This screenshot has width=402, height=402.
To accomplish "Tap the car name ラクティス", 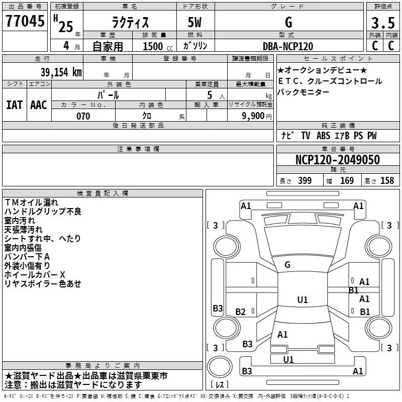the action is (x=129, y=23).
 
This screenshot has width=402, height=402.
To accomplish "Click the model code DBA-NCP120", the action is (x=288, y=46).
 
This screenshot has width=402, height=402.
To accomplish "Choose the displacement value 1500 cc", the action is (x=154, y=46).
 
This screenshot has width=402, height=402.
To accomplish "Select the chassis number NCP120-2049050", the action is (x=337, y=160).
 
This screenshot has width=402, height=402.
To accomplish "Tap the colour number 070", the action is (x=83, y=116).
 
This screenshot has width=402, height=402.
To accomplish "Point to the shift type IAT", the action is (x=14, y=105).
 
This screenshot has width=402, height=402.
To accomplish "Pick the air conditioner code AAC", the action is (x=39, y=105).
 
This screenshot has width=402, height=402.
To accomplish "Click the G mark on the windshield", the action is (x=287, y=265).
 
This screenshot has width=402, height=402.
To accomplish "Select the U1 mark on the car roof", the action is (x=302, y=300).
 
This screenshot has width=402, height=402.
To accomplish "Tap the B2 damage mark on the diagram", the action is (x=241, y=312).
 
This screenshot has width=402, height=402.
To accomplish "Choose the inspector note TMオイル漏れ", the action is (x=31, y=203).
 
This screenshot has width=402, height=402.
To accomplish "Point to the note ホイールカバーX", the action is (x=35, y=275).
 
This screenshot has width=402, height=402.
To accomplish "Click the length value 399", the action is (x=305, y=181).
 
